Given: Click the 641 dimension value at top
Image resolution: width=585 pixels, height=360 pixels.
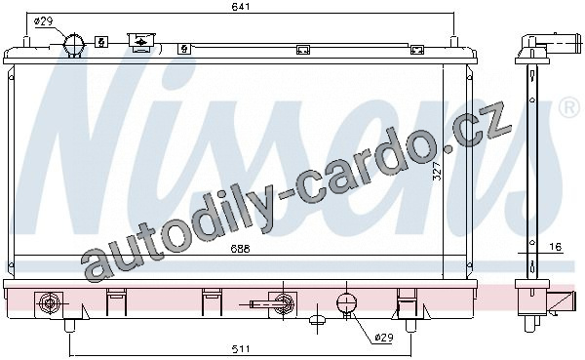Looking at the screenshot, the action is [x=240, y=7].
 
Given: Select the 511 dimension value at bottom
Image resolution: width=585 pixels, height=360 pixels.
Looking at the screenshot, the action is [x=241, y=349].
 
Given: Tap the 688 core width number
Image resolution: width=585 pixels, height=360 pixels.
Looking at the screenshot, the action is [x=240, y=249].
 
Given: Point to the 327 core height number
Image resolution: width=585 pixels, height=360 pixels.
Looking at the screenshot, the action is [x=437, y=172].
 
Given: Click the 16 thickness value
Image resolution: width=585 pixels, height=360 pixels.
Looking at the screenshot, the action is [x=555, y=247].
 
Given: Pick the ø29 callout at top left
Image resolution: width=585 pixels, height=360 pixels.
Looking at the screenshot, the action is [x=44, y=21].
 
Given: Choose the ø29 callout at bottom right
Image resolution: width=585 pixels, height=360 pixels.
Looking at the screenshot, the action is [x=383, y=338].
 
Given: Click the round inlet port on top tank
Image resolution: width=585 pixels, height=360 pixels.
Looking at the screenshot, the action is [x=74, y=45].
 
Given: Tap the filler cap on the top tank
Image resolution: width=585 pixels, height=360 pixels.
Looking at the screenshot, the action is [x=140, y=40].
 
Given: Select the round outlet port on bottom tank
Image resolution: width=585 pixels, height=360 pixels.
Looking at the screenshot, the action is [x=346, y=302].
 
